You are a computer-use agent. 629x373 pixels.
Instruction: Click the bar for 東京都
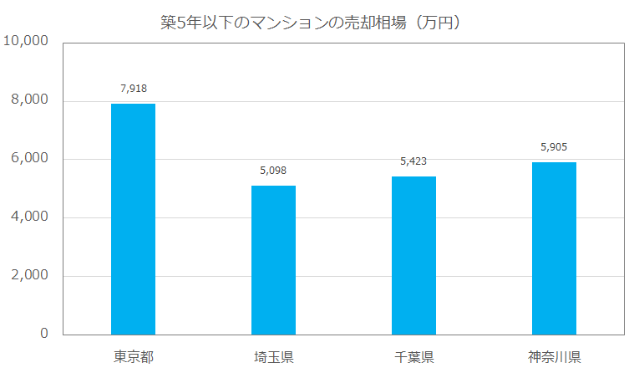(x=133, y=219)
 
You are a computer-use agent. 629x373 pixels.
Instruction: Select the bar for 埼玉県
(x=273, y=260)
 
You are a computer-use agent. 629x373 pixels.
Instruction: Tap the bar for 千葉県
(x=413, y=255)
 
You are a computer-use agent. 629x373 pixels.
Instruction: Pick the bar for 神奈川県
(x=554, y=248)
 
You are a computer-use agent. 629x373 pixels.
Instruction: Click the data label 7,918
(x=133, y=88)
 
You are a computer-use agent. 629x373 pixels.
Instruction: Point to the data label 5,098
(x=273, y=170)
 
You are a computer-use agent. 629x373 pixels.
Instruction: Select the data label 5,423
(x=413, y=161)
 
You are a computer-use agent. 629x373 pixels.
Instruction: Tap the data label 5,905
(x=554, y=146)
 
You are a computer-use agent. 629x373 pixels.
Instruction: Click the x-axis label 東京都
(x=133, y=357)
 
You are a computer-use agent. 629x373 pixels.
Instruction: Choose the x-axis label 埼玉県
(x=273, y=357)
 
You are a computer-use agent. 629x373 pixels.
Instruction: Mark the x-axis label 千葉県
(x=413, y=357)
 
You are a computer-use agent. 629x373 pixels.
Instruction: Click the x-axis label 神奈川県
(x=554, y=357)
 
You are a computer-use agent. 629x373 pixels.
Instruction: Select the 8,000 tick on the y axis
(x=30, y=100)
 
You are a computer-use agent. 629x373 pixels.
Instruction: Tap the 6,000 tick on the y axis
(x=30, y=159)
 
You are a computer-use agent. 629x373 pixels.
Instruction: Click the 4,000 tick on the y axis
(x=30, y=217)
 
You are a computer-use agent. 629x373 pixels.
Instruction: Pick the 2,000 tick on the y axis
(x=30, y=276)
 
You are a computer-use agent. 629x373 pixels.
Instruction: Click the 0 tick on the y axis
(x=43, y=334)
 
